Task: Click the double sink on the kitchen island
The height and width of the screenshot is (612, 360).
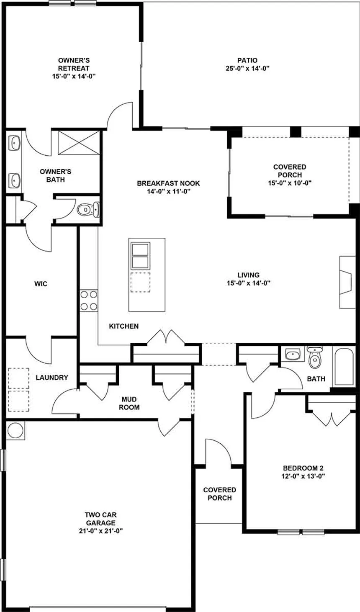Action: click(140, 255)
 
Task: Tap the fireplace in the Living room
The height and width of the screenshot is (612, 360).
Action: click(346, 283)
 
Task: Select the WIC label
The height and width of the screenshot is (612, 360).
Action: click(41, 284)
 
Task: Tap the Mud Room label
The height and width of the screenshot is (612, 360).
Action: click(129, 403)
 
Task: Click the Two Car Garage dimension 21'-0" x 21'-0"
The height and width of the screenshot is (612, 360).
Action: click(100, 531)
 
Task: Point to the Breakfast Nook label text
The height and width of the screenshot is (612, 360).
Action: click(168, 183)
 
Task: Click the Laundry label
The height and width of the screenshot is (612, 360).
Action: click(52, 378)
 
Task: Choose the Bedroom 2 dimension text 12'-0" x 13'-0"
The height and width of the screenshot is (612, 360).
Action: click(303, 476)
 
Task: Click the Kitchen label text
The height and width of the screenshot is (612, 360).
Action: click(123, 326)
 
